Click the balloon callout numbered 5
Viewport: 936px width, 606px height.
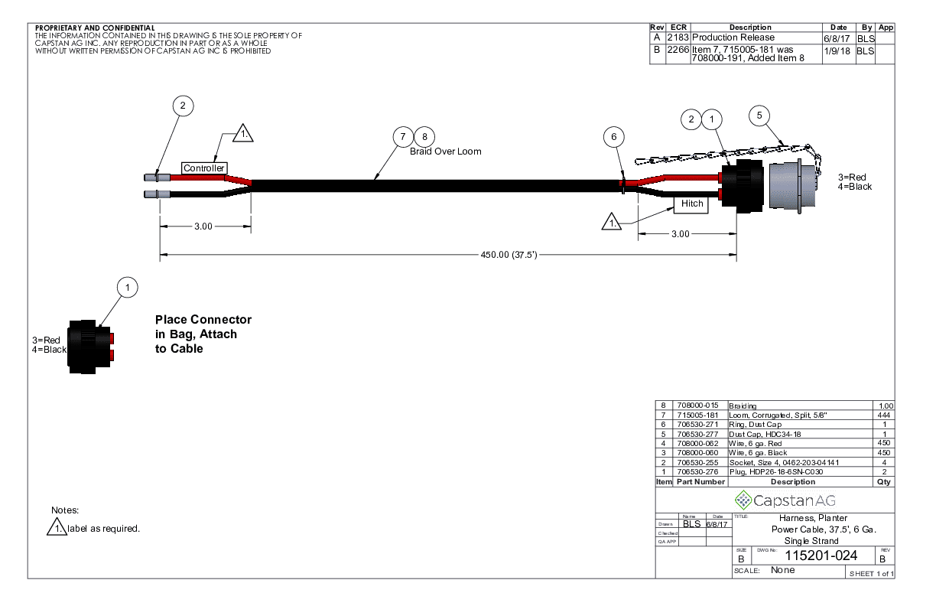click(759, 116)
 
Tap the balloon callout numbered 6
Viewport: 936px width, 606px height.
click(613, 137)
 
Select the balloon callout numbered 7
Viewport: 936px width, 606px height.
click(403, 137)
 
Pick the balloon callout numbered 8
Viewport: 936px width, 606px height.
click(424, 137)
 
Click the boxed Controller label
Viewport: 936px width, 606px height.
click(204, 168)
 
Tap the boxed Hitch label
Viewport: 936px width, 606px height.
click(691, 204)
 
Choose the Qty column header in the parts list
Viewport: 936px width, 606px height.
click(884, 482)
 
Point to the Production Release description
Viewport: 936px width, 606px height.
click(733, 37)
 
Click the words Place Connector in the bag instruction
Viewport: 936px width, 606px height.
click(203, 319)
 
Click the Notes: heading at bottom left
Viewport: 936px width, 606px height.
click(65, 510)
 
